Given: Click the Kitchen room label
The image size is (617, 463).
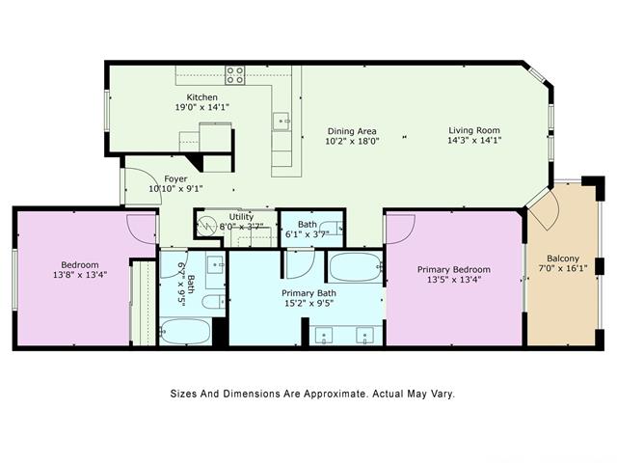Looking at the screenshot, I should (x=201, y=97).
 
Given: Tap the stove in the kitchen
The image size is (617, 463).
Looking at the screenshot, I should (x=235, y=73).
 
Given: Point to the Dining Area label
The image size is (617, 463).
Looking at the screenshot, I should (x=351, y=131).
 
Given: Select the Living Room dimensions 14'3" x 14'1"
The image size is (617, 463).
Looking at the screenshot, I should (x=473, y=141).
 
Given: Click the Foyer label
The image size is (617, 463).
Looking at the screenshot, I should (x=175, y=179).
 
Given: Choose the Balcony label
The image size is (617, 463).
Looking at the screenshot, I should (x=563, y=259).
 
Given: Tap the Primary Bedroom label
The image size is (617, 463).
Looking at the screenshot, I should (x=453, y=270).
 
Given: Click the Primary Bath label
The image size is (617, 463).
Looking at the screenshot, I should (x=308, y=293).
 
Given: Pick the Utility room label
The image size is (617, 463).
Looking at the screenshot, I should (x=241, y=217).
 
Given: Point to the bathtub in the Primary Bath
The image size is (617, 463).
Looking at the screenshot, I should (x=355, y=267).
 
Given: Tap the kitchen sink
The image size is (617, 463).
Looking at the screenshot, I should (x=281, y=121).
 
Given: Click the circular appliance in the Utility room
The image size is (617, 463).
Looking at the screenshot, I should (x=206, y=227).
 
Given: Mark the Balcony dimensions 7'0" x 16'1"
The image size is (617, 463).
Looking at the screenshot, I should (x=563, y=270).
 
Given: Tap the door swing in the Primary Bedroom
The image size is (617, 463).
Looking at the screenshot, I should (x=400, y=228).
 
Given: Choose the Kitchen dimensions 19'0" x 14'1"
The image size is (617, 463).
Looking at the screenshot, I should (x=202, y=109).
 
